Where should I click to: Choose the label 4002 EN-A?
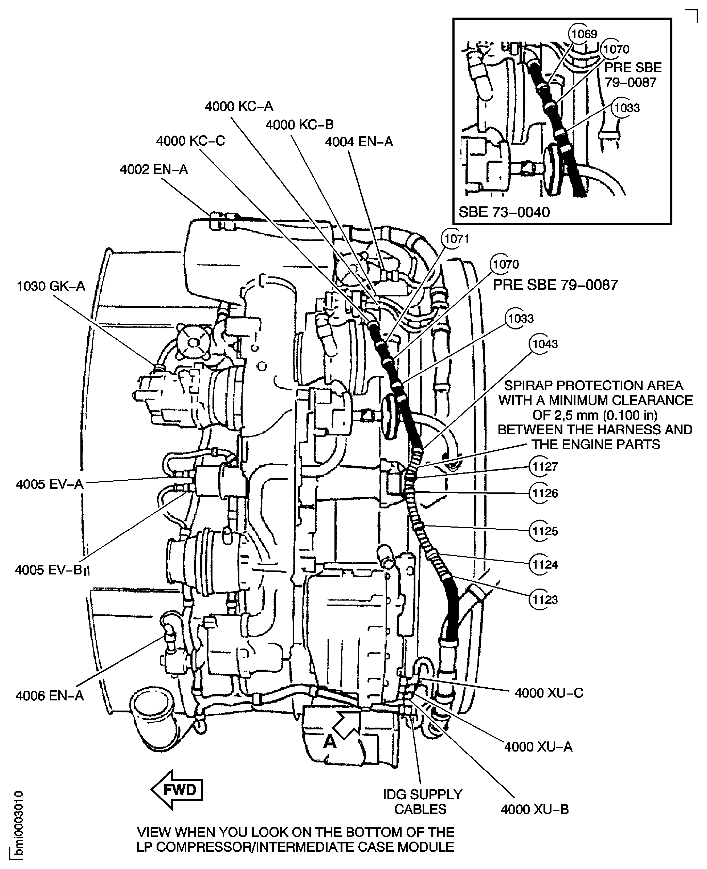click(x=154, y=169)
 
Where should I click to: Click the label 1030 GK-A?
click(x=51, y=286)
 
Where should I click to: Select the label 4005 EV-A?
click(x=49, y=484)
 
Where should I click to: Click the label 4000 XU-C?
click(x=549, y=693)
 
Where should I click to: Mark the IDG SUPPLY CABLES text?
click(x=422, y=801)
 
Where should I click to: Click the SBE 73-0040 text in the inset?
click(x=504, y=212)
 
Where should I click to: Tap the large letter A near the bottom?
click(x=330, y=742)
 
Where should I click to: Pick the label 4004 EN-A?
click(x=359, y=142)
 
